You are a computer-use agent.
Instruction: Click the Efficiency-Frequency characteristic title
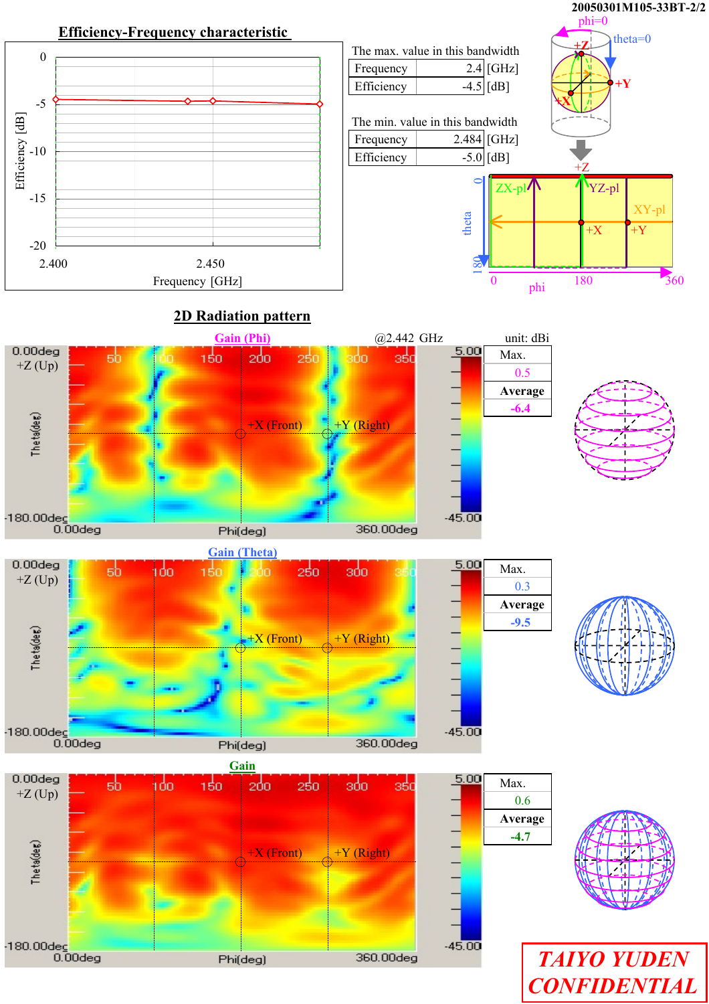coord(173,32)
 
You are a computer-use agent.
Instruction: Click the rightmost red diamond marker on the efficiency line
coord(320,104)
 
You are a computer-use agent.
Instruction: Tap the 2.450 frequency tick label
coord(210,264)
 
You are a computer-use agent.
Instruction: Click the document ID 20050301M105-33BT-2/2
coord(638,7)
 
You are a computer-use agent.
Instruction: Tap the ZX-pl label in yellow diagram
coord(510,189)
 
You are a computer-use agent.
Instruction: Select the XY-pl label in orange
coord(649,210)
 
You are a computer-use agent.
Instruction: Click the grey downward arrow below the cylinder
coord(581,149)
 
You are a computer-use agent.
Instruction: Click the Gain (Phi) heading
coord(242,338)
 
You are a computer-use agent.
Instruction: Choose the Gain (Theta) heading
coord(242,552)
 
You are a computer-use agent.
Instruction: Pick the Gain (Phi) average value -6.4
coord(520,408)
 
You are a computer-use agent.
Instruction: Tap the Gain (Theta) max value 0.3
coord(522,586)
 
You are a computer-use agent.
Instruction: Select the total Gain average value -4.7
coord(520,837)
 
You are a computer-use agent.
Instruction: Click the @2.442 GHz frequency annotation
coord(409,338)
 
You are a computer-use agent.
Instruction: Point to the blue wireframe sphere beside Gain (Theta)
coord(624,646)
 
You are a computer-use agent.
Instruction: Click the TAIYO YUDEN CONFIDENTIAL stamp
coord(613,973)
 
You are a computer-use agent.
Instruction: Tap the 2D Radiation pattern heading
coord(241,316)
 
